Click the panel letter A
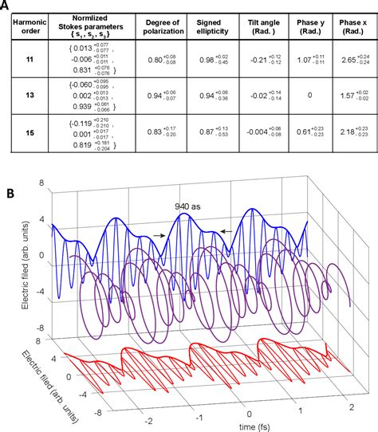(7, 6)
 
